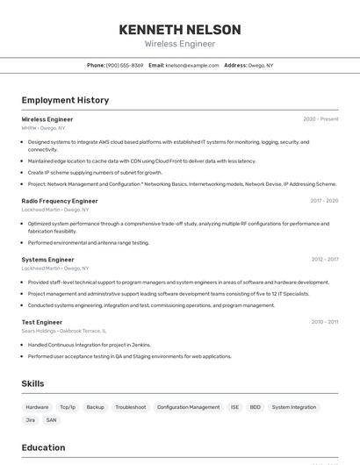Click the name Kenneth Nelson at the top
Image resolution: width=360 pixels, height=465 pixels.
(179, 29)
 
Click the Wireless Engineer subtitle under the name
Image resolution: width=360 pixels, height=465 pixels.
(179, 44)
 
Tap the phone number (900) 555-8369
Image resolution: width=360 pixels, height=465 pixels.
(125, 66)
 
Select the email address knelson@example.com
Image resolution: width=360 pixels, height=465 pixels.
(192, 66)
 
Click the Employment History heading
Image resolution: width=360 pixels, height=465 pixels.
(65, 100)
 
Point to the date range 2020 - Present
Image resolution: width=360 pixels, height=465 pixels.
(320, 119)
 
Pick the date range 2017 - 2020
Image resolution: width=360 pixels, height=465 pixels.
(324, 201)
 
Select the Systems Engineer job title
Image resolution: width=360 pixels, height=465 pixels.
(47, 260)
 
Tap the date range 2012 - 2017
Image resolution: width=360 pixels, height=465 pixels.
(325, 260)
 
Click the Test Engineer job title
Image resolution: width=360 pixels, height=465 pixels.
(42, 322)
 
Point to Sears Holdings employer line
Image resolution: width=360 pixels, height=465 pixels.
(63, 331)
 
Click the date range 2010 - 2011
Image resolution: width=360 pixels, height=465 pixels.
(325, 322)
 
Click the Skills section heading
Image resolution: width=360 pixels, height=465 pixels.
(32, 383)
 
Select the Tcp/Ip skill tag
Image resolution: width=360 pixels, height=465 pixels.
(68, 407)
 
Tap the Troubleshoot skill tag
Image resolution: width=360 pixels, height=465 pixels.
(131, 407)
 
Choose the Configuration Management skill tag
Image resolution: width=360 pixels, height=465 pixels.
(188, 407)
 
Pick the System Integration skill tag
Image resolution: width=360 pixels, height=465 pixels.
(293, 407)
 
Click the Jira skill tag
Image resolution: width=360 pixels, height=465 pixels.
(30, 420)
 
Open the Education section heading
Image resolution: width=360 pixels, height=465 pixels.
(43, 447)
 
